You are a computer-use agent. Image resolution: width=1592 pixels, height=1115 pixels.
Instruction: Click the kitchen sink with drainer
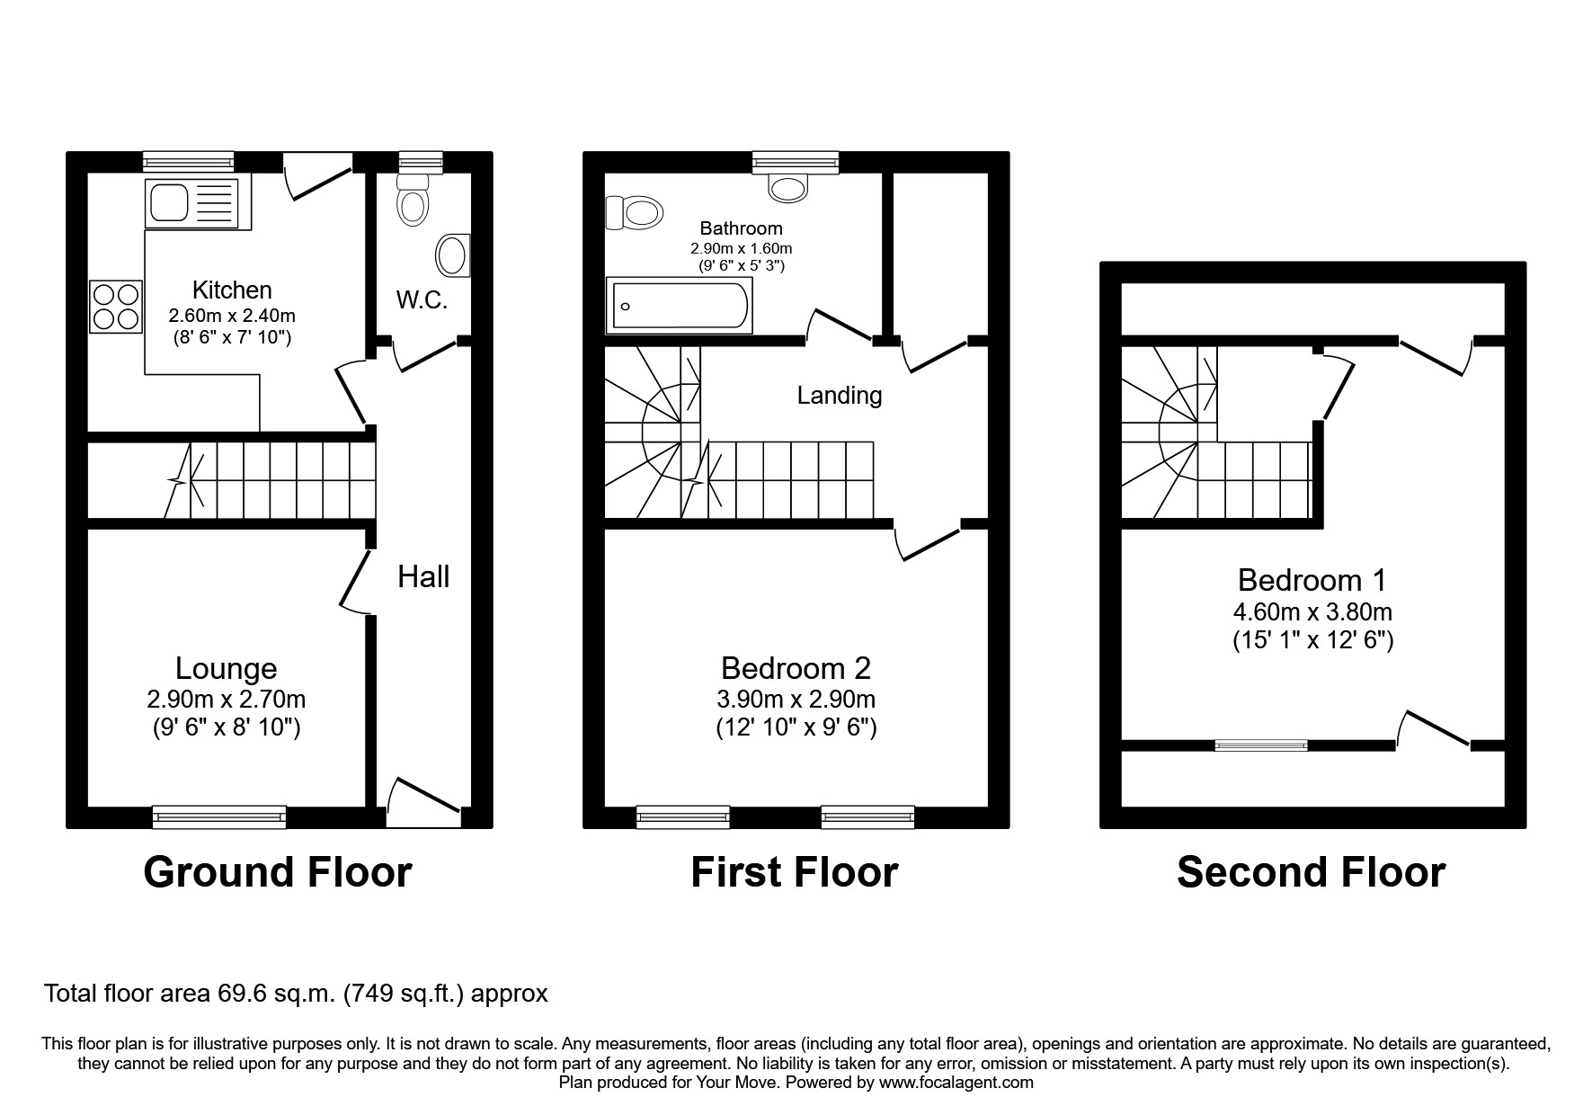(x=192, y=202)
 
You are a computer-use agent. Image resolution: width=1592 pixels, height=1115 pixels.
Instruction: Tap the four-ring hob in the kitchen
(x=116, y=307)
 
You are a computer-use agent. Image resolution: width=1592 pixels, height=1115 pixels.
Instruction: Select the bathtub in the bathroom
(x=680, y=306)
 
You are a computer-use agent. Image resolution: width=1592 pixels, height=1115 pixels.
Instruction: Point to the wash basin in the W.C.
(x=453, y=256)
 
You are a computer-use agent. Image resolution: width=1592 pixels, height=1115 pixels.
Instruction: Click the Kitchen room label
(x=232, y=290)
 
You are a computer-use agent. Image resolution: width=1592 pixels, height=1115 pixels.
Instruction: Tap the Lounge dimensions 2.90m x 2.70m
(x=227, y=699)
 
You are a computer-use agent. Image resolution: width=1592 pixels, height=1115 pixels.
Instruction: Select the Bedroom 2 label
(x=796, y=668)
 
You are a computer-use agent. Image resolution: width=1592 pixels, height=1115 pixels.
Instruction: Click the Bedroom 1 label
(x=1312, y=580)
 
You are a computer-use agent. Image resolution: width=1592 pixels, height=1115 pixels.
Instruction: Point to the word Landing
(x=839, y=395)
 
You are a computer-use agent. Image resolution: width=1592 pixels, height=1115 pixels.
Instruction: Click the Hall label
(x=423, y=577)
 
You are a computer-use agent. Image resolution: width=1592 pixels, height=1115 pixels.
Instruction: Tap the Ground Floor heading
(x=277, y=872)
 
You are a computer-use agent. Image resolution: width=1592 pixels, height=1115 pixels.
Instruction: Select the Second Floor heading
(x=1311, y=872)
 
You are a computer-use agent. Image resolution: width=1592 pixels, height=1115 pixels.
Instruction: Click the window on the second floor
(x=1260, y=745)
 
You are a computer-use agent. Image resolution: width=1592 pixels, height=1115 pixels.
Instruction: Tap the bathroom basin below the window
(x=788, y=187)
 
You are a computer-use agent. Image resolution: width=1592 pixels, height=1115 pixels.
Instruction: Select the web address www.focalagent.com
(x=956, y=1083)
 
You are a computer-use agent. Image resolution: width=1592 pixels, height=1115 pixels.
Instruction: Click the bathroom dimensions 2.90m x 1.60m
(x=741, y=248)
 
